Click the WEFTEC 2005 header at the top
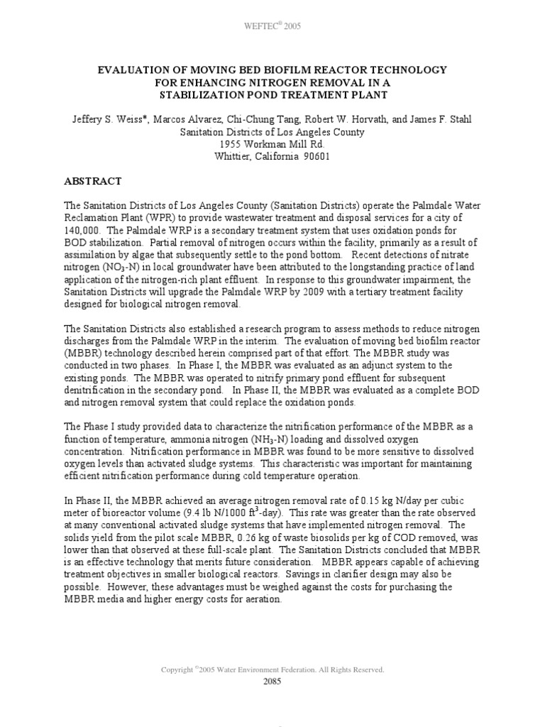tap(272, 26)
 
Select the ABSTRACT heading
tap(93, 181)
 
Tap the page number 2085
tap(272, 682)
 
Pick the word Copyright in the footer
tap(177, 669)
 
